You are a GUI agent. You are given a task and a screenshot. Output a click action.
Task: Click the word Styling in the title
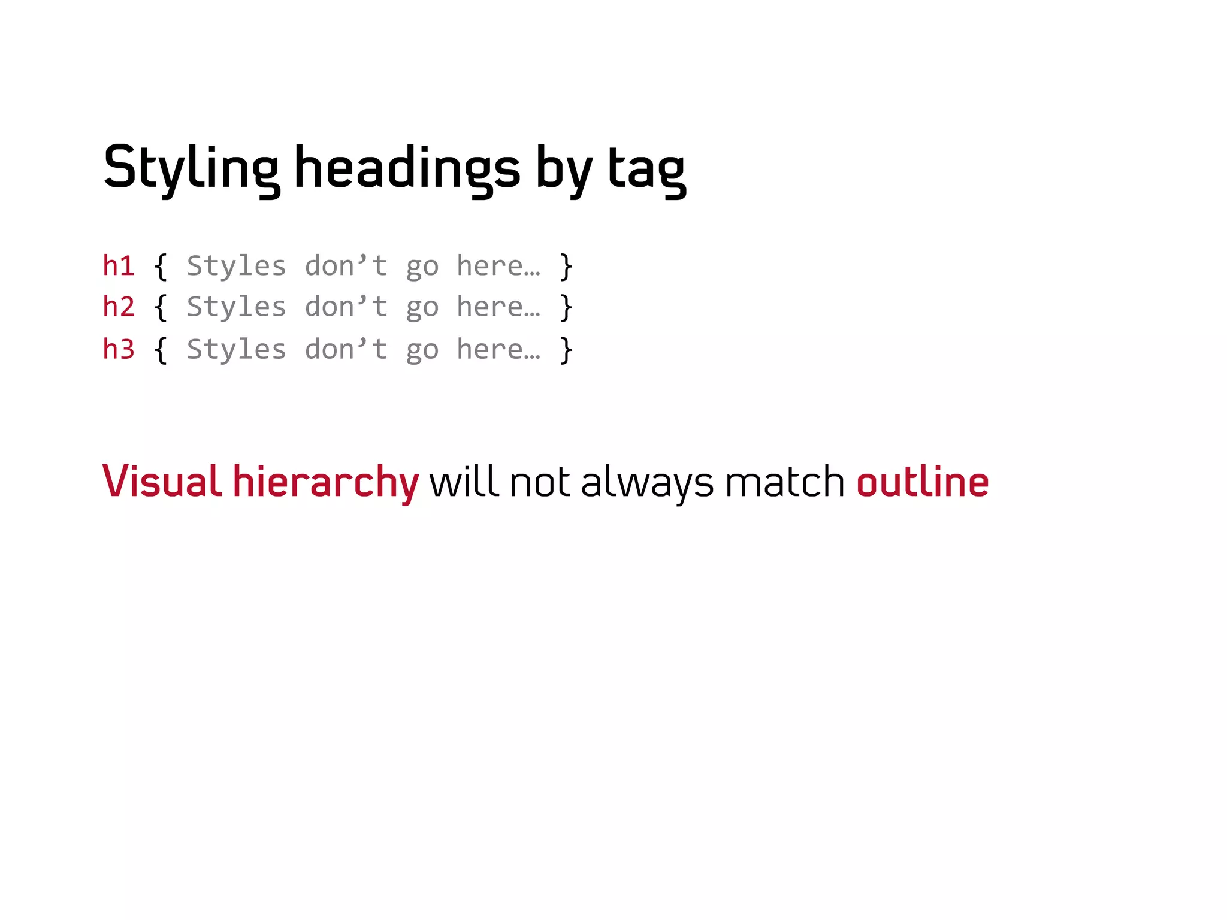(191, 168)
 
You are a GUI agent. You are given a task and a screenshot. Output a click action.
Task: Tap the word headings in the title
(407, 168)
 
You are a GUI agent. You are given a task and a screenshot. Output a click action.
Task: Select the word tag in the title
(646, 170)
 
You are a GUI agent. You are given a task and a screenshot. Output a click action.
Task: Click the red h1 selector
(119, 265)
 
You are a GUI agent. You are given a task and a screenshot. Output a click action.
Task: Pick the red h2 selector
(119, 307)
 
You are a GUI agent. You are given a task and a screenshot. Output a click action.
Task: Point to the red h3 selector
(119, 349)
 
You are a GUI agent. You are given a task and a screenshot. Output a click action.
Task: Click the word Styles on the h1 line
(236, 265)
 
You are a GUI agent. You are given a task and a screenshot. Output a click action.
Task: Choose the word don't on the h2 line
(346, 307)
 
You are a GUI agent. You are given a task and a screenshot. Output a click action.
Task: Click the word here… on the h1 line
(498, 265)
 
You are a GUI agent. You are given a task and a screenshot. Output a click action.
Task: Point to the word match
(784, 481)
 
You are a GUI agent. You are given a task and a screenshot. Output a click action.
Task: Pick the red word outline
(923, 481)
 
